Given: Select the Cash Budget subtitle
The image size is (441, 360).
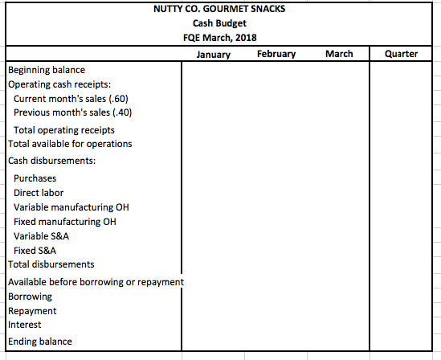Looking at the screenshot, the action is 217,24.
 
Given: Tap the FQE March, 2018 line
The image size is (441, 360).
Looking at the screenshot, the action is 217,39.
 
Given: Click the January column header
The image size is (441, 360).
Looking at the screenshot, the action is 213,55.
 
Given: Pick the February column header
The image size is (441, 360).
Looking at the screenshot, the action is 276,55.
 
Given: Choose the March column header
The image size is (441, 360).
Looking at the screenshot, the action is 339,55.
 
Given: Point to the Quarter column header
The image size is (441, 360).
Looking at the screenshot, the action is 402,55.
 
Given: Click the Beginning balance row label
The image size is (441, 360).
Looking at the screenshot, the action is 47,71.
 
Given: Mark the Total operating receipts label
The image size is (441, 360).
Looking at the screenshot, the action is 64,130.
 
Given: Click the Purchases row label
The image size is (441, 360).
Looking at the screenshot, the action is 35,178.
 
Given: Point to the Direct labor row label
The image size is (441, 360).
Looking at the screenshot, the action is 39,193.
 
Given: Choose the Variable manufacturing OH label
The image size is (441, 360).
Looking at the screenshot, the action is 71,207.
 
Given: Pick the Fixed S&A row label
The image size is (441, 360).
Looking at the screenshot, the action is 35,250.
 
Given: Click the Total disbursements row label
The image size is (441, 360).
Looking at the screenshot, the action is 51,264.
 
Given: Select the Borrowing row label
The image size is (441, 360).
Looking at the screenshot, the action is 30,297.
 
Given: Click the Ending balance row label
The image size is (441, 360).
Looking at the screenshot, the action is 40,342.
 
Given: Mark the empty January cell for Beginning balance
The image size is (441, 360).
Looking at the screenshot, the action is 213,71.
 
